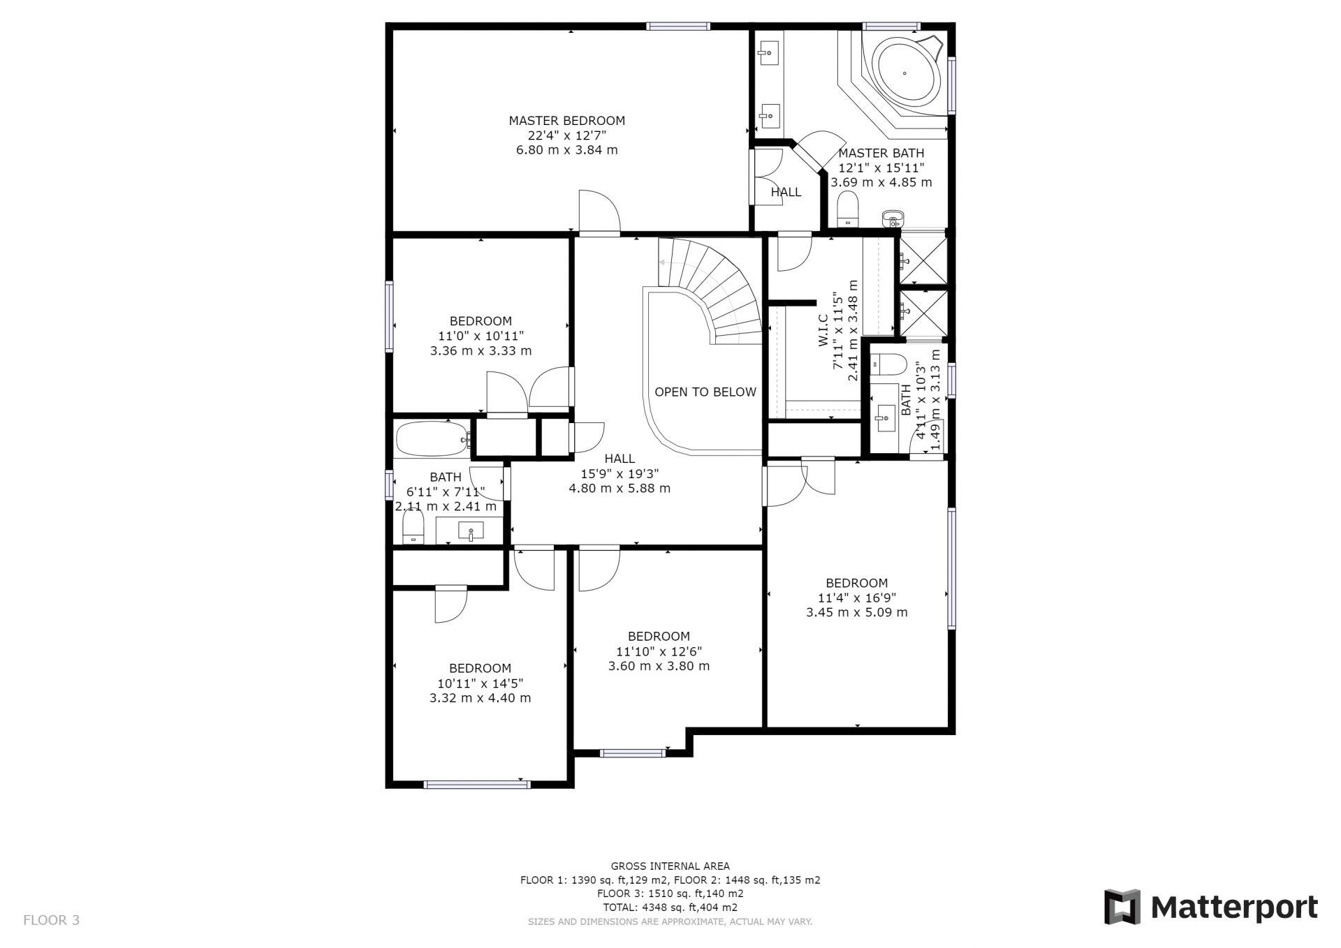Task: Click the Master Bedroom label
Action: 566,121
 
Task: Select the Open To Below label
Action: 705,392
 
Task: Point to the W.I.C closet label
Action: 822,331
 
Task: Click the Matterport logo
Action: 1210,907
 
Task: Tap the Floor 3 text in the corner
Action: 52,920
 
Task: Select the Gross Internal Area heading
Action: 670,866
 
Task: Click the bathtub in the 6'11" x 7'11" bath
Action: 433,439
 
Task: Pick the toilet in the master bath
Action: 847,209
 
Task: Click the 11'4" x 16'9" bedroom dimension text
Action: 857,598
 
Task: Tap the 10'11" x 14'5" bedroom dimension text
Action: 480,683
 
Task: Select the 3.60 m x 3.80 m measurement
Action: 659,666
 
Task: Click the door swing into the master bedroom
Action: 599,211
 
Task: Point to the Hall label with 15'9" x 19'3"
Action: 620,459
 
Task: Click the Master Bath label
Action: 881,153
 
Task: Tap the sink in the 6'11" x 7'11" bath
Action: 470,531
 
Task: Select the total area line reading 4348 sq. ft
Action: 670,908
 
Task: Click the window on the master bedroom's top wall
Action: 678,27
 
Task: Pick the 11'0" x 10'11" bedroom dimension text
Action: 481,336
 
